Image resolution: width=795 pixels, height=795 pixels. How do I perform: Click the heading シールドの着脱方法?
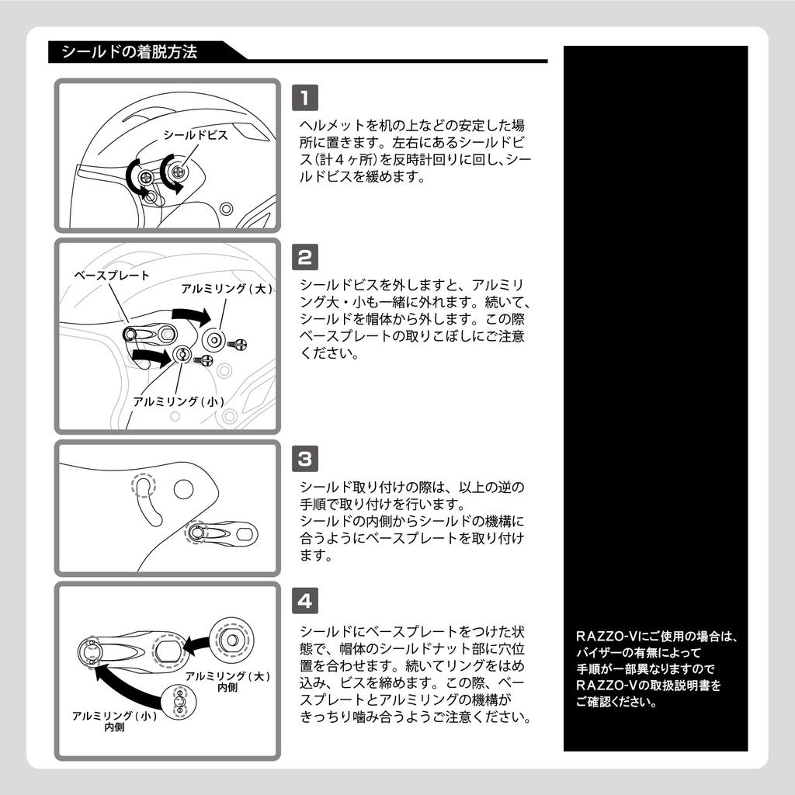[x=130, y=52]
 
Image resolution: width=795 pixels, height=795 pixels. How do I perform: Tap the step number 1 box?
[x=304, y=97]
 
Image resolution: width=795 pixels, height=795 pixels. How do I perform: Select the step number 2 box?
[x=304, y=257]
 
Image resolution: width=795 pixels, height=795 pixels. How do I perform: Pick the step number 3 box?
[x=304, y=458]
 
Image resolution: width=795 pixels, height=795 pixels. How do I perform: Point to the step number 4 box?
[x=304, y=601]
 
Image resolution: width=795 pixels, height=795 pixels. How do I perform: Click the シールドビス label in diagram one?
[x=196, y=135]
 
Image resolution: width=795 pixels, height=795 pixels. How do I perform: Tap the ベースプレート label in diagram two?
[x=112, y=276]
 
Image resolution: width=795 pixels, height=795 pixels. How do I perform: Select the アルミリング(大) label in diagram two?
[x=227, y=289]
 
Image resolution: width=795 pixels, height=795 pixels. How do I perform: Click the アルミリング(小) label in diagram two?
[x=179, y=401]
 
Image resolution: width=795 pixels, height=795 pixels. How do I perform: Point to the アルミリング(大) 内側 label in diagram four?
[x=227, y=681]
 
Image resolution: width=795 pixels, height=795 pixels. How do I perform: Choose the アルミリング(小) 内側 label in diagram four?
[x=115, y=720]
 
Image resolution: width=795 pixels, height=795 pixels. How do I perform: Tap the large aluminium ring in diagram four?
[x=233, y=640]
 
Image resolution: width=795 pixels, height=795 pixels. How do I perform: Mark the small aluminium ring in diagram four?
[x=179, y=702]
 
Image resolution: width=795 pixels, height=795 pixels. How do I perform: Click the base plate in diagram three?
[x=222, y=533]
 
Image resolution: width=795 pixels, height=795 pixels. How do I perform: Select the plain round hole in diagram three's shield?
[x=183, y=489]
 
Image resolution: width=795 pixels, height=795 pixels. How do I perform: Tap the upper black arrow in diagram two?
[x=193, y=316]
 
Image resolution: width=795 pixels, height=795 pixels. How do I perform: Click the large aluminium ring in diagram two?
[x=214, y=339]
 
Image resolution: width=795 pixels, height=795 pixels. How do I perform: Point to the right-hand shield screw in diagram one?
[x=178, y=172]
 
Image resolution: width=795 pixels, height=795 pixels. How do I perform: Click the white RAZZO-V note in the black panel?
[x=656, y=668]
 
